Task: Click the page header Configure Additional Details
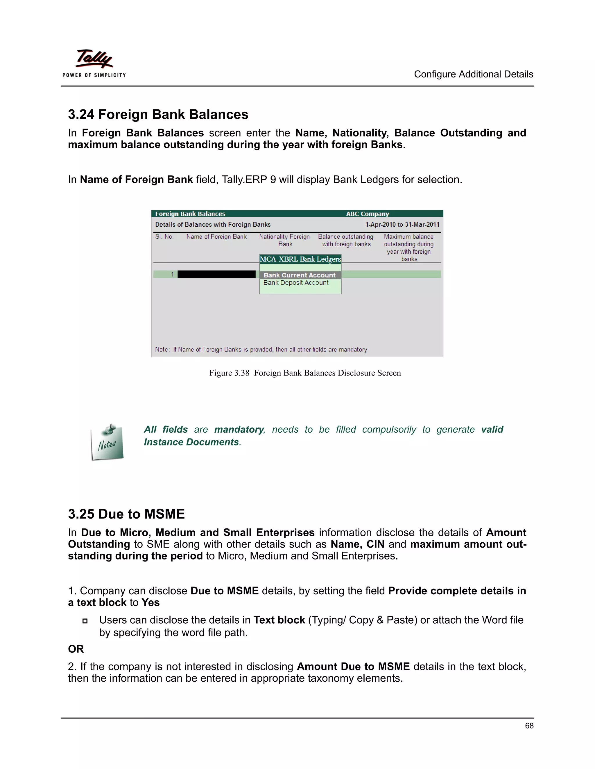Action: (473, 74)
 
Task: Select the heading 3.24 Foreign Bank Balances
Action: (158, 114)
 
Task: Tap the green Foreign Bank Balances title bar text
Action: (190, 214)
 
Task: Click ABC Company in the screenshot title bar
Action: (367, 214)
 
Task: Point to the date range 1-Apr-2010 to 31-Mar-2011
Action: (402, 225)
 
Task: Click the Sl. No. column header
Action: (164, 237)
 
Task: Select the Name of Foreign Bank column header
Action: (216, 237)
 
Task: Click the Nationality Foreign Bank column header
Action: (284, 241)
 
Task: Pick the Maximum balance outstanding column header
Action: (408, 248)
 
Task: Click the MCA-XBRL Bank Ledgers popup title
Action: (300, 259)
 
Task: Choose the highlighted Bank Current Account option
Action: (300, 275)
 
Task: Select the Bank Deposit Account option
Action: (296, 283)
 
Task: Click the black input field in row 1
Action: (216, 274)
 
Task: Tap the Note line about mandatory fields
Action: (261, 349)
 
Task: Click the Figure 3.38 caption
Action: (305, 373)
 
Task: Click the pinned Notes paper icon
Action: (107, 442)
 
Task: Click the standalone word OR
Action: (76, 649)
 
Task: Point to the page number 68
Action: (529, 726)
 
